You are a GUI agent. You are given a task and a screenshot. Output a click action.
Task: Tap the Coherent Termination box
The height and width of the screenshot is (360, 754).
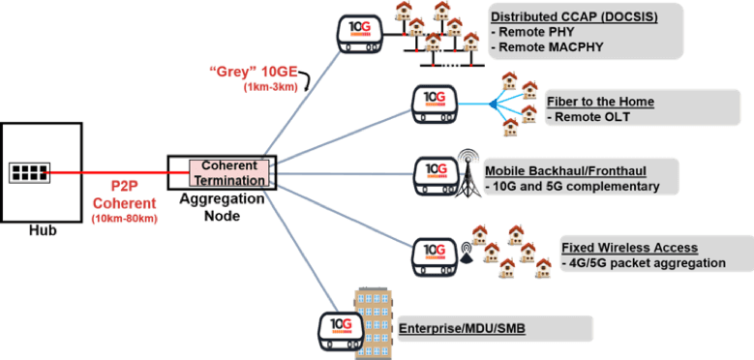(229, 173)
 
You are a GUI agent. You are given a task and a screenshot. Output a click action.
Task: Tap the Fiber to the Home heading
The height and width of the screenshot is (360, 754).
(600, 102)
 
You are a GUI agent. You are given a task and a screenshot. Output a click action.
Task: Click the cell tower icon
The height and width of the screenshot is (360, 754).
(469, 174)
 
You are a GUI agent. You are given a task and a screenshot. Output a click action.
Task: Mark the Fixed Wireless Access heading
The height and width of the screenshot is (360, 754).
(628, 248)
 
